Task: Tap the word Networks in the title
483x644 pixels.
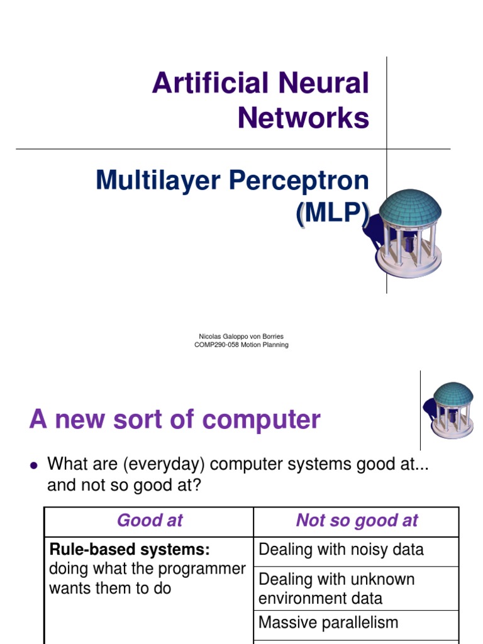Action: tap(303, 118)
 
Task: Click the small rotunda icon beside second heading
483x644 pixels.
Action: tap(452, 409)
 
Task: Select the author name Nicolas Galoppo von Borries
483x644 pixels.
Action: tap(241, 336)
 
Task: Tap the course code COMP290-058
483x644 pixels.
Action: tap(217, 345)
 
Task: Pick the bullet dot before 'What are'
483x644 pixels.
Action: tap(34, 465)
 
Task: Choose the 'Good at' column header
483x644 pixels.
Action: tap(150, 520)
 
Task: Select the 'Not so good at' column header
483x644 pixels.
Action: tap(357, 520)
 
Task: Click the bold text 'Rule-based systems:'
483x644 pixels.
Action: tap(130, 549)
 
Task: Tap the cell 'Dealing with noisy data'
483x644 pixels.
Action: tap(341, 550)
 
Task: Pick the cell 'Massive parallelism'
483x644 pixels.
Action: tap(328, 623)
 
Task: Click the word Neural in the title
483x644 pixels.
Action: tap(328, 84)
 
